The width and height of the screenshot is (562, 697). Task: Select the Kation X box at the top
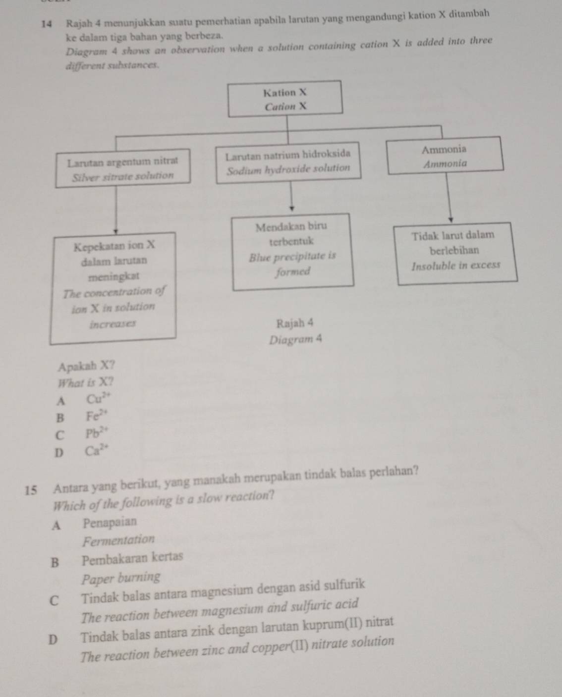[x=285, y=99]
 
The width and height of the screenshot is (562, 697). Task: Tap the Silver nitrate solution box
[x=121, y=168]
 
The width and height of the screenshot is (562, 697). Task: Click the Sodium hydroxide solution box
[x=288, y=162]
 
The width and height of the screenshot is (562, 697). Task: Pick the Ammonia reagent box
[x=445, y=156]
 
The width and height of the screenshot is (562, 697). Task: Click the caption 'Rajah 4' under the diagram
[x=295, y=323]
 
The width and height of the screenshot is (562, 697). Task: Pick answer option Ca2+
[x=94, y=451]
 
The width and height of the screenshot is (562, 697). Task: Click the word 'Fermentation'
[x=119, y=539]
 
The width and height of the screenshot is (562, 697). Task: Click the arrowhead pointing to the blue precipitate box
[x=292, y=209]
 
